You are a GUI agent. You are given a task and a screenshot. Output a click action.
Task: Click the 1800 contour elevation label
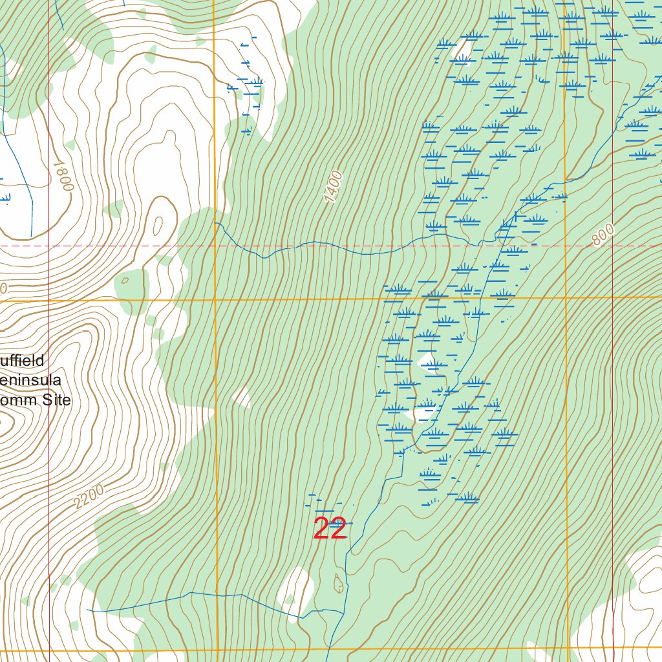(x=62, y=175)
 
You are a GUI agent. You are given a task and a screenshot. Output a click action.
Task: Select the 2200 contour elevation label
(x=89, y=497)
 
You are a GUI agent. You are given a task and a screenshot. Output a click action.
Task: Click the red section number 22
(x=330, y=528)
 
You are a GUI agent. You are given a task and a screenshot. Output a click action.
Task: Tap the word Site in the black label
(x=56, y=400)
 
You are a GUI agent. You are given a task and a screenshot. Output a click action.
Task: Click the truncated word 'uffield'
(x=22, y=361)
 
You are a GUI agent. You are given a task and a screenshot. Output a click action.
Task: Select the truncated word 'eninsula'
(x=30, y=380)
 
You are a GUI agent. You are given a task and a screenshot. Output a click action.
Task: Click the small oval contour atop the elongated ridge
(x=158, y=226)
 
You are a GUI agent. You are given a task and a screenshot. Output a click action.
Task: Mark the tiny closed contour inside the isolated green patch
(x=125, y=280)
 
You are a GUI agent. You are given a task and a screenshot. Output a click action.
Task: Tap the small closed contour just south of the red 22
(x=338, y=583)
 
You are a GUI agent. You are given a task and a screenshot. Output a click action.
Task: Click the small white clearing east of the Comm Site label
(x=242, y=397)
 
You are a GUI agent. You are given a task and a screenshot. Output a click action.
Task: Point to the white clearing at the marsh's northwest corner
(x=463, y=48)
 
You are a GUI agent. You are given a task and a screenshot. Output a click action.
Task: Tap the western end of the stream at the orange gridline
(x=215, y=223)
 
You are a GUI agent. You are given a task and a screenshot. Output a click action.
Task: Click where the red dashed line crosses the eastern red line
(x=613, y=246)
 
